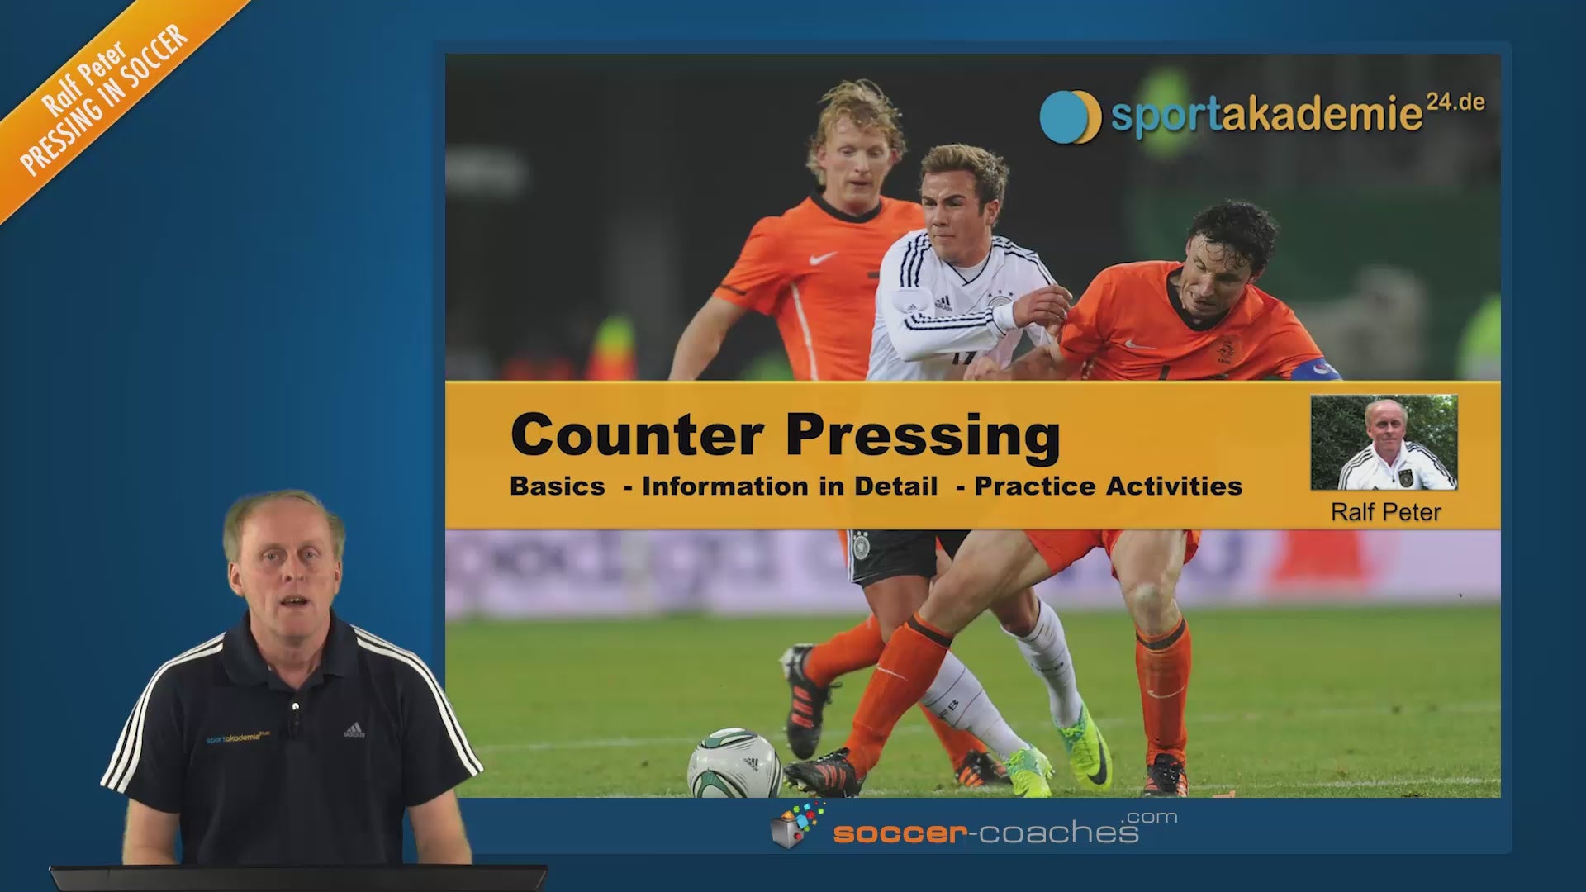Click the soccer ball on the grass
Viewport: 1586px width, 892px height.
[734, 763]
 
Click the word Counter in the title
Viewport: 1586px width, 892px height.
[637, 434]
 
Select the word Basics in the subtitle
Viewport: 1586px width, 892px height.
[558, 486]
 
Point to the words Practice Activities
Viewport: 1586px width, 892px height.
[1109, 486]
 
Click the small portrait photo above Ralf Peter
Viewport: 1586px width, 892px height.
[1384, 443]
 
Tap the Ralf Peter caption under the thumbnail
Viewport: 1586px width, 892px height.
[1386, 512]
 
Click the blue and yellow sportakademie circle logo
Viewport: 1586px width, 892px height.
[1070, 116]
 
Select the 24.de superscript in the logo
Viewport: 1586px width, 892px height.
[1455, 102]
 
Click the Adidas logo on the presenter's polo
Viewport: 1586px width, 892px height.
[354, 730]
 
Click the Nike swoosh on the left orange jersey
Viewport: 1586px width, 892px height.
[823, 259]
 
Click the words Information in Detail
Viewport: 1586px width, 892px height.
[790, 486]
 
